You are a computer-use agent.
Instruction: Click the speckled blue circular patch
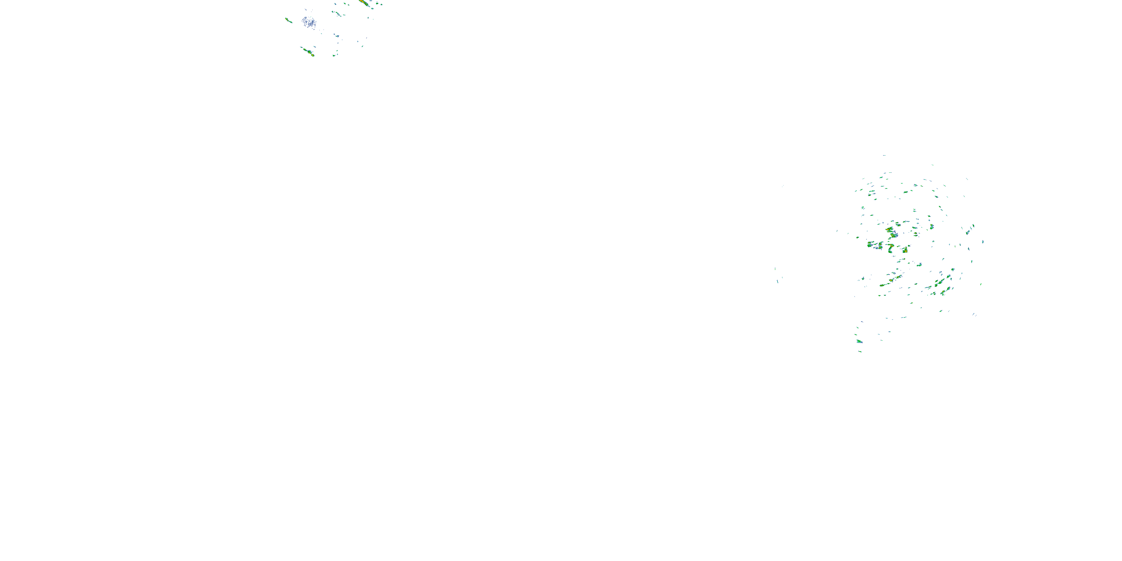coord(309,22)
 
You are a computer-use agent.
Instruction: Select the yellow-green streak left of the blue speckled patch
coord(288,20)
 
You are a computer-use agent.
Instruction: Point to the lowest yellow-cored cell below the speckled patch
coord(311,54)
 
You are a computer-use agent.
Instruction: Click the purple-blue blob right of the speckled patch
coord(336,35)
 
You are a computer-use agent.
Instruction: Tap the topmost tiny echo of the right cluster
coord(884,155)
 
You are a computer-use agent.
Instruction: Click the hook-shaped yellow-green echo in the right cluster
coord(891,247)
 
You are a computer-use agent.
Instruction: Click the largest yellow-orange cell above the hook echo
coord(889,229)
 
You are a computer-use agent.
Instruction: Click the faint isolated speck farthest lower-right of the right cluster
coord(974,315)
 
